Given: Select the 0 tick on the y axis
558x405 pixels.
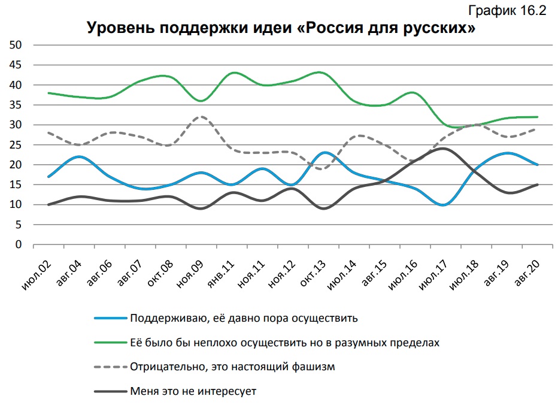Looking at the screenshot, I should click(19, 244).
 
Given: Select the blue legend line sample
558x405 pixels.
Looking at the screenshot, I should click(111, 318).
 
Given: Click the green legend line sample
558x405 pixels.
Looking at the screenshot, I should click(111, 343).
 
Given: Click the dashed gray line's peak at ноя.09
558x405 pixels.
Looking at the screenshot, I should click(202, 116).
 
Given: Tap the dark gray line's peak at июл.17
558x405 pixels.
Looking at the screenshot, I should click(442, 149).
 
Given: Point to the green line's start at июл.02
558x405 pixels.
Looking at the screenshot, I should click(48, 93).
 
